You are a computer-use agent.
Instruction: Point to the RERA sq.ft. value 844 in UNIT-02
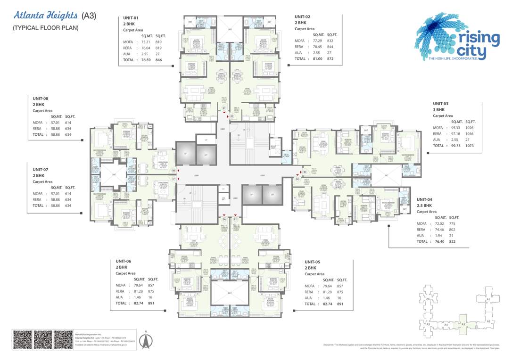(x=330, y=47)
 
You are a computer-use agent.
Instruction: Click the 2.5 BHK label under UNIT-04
(x=424, y=206)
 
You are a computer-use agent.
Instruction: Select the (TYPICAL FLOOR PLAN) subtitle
(x=46, y=28)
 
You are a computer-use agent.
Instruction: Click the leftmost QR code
(x=22, y=340)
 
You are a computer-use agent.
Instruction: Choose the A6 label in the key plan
(x=428, y=299)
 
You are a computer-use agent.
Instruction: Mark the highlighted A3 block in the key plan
(x=463, y=324)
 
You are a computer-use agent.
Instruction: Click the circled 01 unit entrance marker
(x=224, y=109)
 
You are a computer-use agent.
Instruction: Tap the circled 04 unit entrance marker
(x=297, y=179)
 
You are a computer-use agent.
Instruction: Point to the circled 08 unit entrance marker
(x=173, y=170)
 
